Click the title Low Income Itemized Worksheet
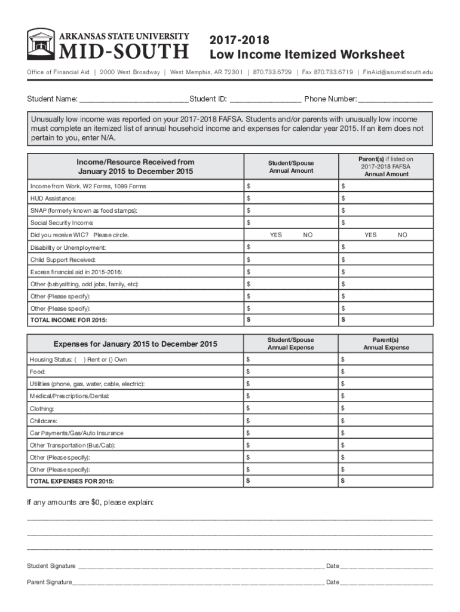click(306, 55)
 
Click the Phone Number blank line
click(395, 99)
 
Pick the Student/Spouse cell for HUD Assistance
click(290, 198)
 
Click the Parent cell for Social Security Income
click(385, 223)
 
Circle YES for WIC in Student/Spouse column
click(275, 235)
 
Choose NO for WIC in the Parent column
click(402, 235)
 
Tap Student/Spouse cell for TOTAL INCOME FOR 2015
click(290, 321)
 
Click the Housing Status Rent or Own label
click(78, 360)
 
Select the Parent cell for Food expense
click(385, 372)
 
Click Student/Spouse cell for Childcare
click(290, 421)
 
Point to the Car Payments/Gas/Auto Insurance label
click(77, 433)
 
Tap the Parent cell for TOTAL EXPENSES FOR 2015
click(385, 481)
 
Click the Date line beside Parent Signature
click(387, 583)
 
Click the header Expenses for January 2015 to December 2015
click(136, 344)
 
